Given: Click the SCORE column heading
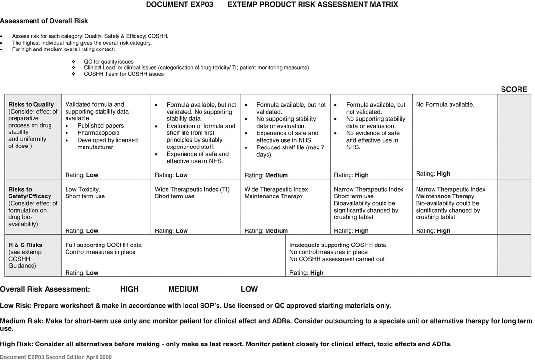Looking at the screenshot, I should (x=514, y=89).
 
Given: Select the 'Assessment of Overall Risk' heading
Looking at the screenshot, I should (x=44, y=21).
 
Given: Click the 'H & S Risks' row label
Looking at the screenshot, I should (x=25, y=245).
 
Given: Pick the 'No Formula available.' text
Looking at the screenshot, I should (x=445, y=104).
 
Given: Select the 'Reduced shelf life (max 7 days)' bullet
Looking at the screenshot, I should (x=290, y=151).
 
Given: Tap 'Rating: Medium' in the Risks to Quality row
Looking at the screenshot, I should (x=266, y=175).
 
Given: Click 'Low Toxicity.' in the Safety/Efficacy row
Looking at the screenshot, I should (x=83, y=189).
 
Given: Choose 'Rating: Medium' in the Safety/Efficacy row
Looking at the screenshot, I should (x=266, y=231).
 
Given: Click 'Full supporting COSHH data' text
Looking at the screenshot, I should (x=103, y=245).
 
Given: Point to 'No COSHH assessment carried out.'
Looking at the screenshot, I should (x=337, y=259).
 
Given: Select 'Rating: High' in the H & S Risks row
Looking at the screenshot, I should (x=306, y=273).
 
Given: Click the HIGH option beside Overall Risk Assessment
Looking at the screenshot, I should (x=129, y=289).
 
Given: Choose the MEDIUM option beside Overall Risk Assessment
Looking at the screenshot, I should (x=183, y=289).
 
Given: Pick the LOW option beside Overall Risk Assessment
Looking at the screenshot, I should (x=249, y=289).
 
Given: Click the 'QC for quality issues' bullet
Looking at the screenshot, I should (x=108, y=62).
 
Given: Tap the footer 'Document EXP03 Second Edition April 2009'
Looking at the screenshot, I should (x=56, y=356).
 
